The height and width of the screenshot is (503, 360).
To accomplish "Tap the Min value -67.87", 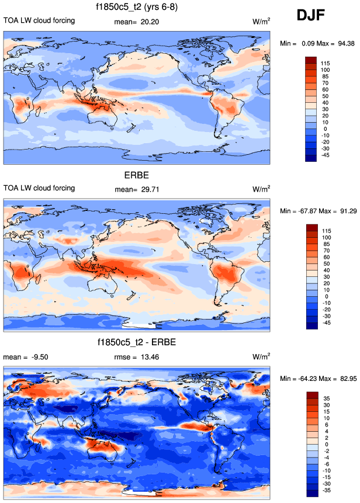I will (x=304, y=211).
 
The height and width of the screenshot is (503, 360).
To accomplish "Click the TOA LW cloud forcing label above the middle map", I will (x=39, y=188).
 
